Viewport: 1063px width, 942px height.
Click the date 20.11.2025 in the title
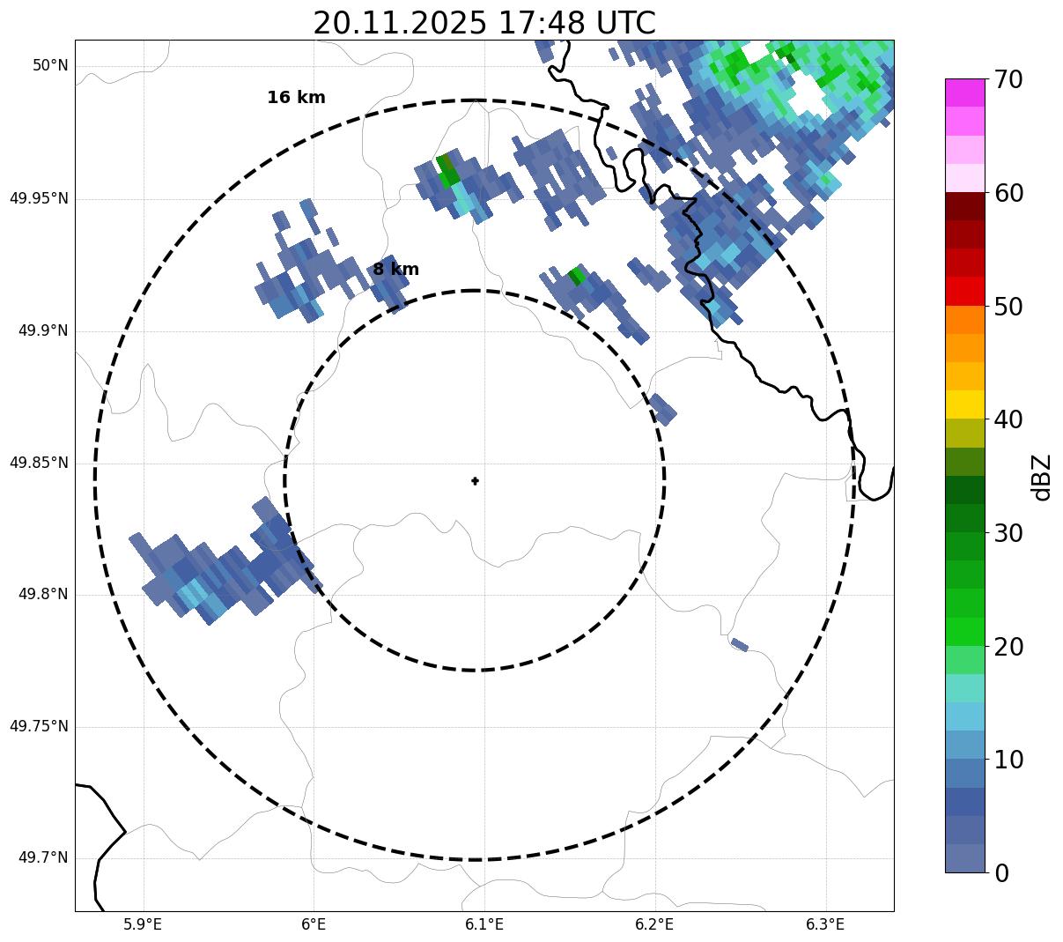pyautogui.click(x=399, y=23)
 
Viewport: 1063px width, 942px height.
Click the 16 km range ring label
pyautogui.click(x=296, y=98)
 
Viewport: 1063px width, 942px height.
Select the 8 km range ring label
pyautogui.click(x=395, y=270)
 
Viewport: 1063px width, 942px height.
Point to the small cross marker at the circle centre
pyautogui.click(x=475, y=481)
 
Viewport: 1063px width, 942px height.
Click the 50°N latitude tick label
pyautogui.click(x=50, y=66)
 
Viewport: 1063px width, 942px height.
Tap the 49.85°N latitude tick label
pyautogui.click(x=39, y=463)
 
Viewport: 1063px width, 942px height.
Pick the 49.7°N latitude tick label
pyautogui.click(x=43, y=858)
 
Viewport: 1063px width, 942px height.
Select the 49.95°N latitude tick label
pyautogui.click(x=39, y=198)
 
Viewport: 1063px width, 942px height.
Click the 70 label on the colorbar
pyautogui.click(x=1008, y=80)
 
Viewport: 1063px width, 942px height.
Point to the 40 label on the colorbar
pyautogui.click(x=1008, y=420)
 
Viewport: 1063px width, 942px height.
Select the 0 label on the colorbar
pyautogui.click(x=1001, y=873)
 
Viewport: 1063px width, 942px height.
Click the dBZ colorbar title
pyautogui.click(x=1043, y=478)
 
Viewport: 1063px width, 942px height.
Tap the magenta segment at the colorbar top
pyautogui.click(x=964, y=93)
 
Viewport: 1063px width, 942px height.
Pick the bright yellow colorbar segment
pyautogui.click(x=964, y=404)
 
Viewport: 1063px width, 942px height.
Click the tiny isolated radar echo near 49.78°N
pyautogui.click(x=739, y=644)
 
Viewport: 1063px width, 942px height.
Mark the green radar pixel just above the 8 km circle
pyautogui.click(x=576, y=276)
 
